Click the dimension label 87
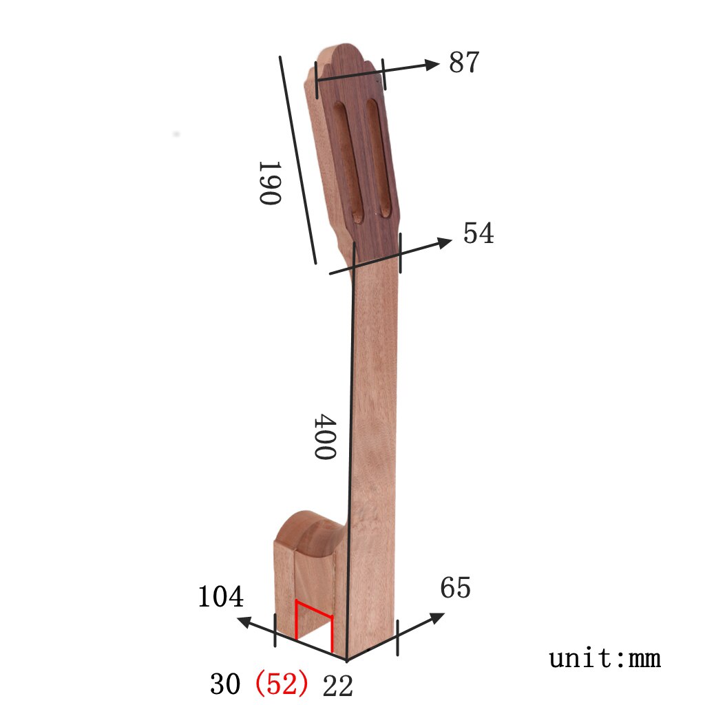pyautogui.click(x=463, y=63)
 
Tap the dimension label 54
pyautogui.click(x=478, y=233)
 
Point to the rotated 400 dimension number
pyautogui.click(x=324, y=437)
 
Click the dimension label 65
pyautogui.click(x=455, y=589)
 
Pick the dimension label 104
pyautogui.click(x=220, y=597)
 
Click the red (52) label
pyautogui.click(x=281, y=684)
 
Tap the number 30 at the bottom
pyautogui.click(x=225, y=684)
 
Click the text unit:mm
pyautogui.click(x=604, y=659)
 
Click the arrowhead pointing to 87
pyautogui.click(x=431, y=65)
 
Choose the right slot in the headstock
pyautogui.click(x=379, y=158)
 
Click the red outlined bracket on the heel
pyautogui.click(x=314, y=622)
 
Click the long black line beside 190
pyautogui.click(x=297, y=160)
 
